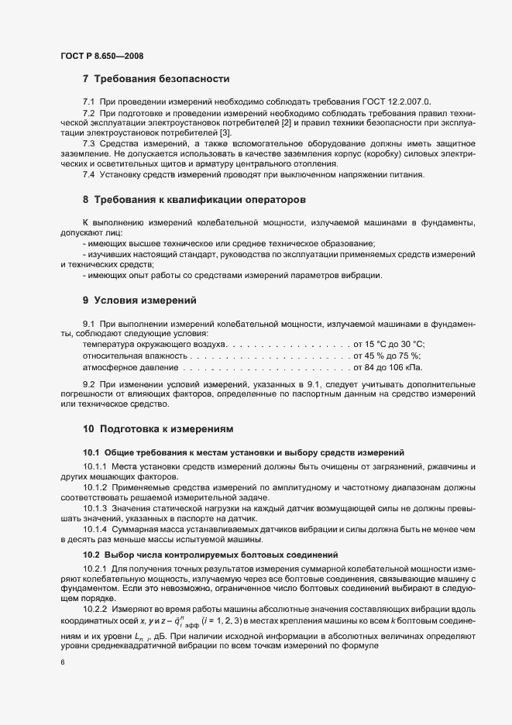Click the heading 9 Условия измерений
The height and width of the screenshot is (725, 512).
coord(139,299)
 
